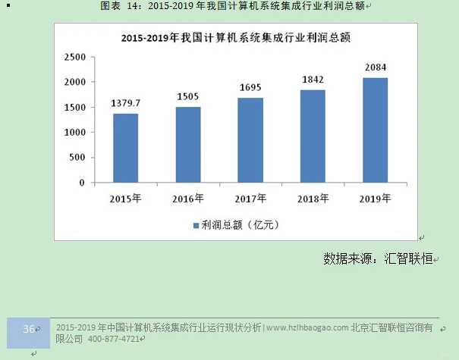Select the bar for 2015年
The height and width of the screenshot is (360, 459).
tap(126, 149)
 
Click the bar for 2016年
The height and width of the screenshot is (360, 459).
tap(188, 145)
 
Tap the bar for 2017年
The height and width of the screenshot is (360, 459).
tap(250, 140)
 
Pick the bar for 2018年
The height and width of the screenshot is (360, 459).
tap(313, 136)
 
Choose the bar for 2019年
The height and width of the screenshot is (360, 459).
tap(375, 130)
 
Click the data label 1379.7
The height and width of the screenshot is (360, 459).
tap(126, 103)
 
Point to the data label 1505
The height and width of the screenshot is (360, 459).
tap(188, 96)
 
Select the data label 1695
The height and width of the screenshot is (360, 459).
tap(250, 87)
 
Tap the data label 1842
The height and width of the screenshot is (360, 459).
tap(313, 80)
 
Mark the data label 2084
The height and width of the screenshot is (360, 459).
tap(375, 67)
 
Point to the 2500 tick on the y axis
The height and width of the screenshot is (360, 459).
tap(74, 57)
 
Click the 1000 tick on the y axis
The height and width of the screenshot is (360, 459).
tap(74, 133)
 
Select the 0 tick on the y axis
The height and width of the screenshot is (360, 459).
tap(81, 183)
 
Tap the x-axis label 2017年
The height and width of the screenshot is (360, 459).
tap(250, 199)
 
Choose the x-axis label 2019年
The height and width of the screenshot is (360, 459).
tap(375, 199)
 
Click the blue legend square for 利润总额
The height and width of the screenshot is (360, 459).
tap(194, 225)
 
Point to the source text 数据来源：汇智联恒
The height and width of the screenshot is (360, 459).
tap(378, 258)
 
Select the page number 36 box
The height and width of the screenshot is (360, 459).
tap(29, 330)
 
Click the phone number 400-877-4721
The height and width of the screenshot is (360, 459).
tap(114, 339)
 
